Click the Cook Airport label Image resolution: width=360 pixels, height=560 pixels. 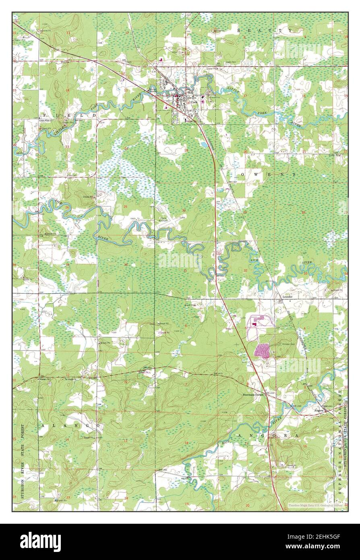(163, 220)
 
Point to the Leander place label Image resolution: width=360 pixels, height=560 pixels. (287, 296)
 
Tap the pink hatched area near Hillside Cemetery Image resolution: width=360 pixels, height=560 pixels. (263, 351)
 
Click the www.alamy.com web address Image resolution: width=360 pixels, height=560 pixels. (315, 547)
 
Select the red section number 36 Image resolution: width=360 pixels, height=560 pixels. (126, 265)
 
